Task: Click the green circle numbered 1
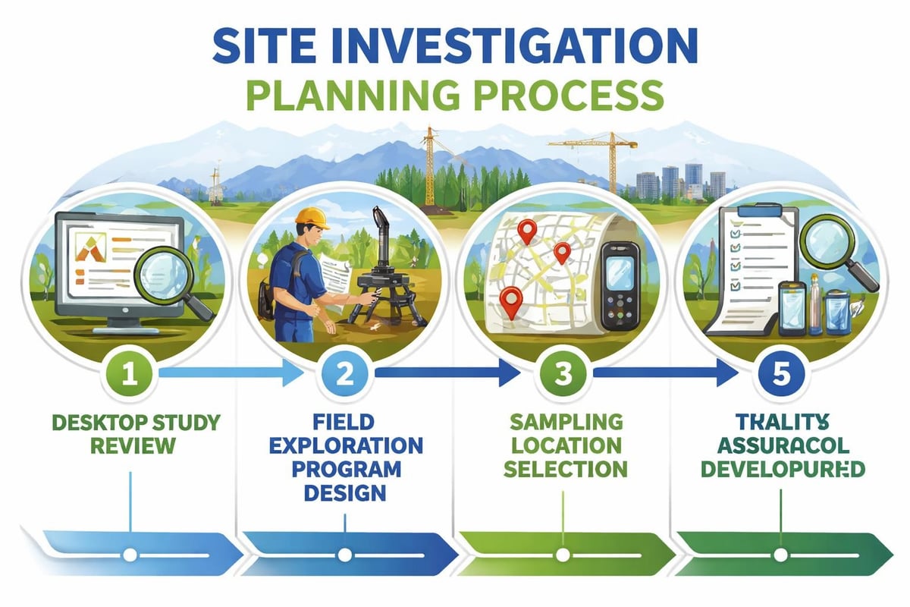pyautogui.click(x=130, y=373)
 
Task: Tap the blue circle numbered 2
pyautogui.click(x=346, y=373)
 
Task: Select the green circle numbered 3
pyautogui.click(x=563, y=373)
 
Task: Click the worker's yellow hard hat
pyautogui.click(x=312, y=218)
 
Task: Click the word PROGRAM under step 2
pyautogui.click(x=346, y=468)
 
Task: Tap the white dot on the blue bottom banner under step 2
pyautogui.click(x=346, y=555)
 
